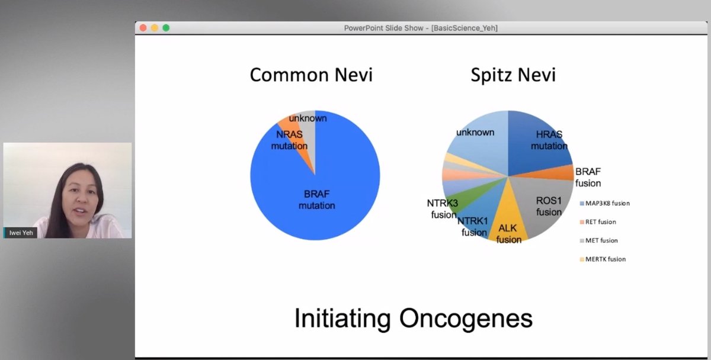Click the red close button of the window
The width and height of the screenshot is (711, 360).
click(x=143, y=28)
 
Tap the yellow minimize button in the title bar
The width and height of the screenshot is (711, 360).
click(x=155, y=28)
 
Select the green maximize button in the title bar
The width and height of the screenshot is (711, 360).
click(x=166, y=28)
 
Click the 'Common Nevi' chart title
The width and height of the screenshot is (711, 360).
click(x=311, y=75)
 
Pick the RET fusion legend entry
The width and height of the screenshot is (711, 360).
click(x=599, y=222)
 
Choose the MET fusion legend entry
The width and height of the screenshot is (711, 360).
click(x=600, y=240)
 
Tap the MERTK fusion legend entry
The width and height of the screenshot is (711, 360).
click(x=604, y=259)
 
